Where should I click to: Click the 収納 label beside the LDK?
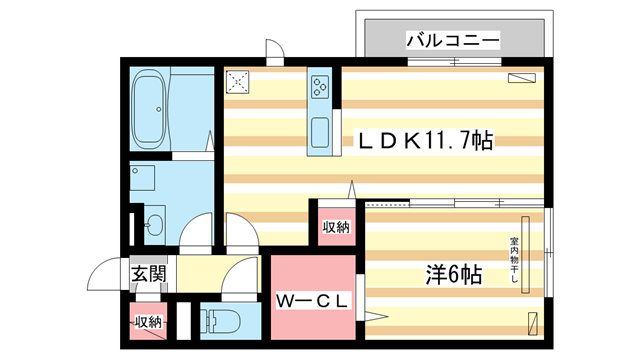pos(336,227)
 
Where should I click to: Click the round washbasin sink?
pos(154,225)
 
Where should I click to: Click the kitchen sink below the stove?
pos(320,130)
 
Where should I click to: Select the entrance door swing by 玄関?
pos(105,273)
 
